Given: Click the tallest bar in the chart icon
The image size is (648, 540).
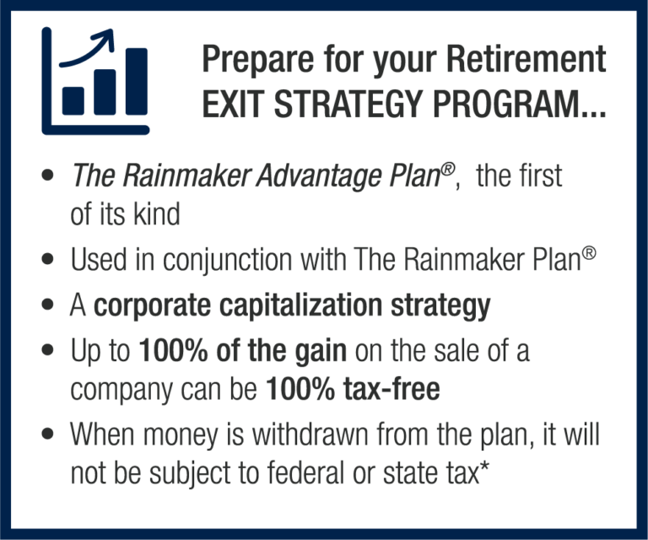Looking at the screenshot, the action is [137, 81].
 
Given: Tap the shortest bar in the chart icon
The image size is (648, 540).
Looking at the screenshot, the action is [73, 100].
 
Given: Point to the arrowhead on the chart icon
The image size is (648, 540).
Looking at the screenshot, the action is [105, 38].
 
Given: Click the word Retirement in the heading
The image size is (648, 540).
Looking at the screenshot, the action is [526, 59].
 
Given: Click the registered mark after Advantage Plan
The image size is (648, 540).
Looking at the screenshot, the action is [447, 169].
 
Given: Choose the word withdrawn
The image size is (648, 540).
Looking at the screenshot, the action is [310, 435].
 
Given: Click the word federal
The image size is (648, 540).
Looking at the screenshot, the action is [305, 472].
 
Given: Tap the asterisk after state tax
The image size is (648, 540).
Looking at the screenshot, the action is [483, 466].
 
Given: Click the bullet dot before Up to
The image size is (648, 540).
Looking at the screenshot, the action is [48, 350].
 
